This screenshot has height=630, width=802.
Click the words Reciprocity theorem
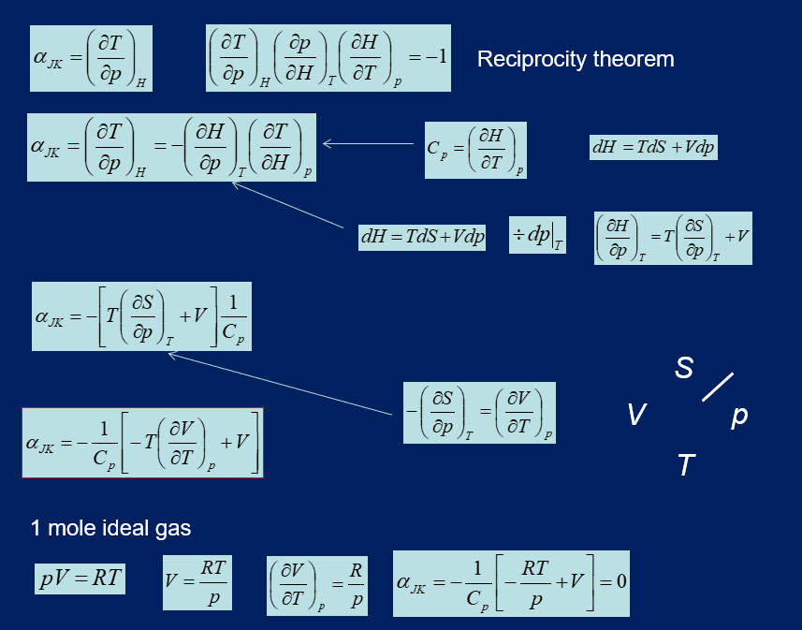pos(575,59)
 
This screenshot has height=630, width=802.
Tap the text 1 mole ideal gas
pos(110,528)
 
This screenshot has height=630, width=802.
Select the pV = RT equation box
pos(80,578)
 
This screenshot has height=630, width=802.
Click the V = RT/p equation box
pos(197,582)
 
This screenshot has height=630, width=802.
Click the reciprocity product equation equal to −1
pos(328,58)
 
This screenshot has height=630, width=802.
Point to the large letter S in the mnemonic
pos(684,368)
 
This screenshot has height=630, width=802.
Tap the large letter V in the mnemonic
pos(636,415)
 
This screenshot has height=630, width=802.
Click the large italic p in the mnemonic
pos(738,415)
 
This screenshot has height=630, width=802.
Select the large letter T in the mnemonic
pos(686,464)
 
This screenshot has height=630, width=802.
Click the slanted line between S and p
pos(717,387)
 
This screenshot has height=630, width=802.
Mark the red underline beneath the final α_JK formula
pos(142,477)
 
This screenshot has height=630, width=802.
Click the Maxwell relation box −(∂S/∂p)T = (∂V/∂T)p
pos(479,413)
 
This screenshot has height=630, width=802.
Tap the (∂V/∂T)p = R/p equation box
pos(316,584)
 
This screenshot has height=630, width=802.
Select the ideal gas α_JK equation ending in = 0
pos(510,583)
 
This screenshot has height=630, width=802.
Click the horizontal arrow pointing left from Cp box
pos(368,143)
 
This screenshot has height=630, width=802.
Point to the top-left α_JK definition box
pos(91,58)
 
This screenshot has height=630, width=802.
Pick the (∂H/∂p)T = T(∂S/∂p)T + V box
pos(673,238)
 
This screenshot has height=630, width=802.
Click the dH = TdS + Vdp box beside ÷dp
pos(422,238)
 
